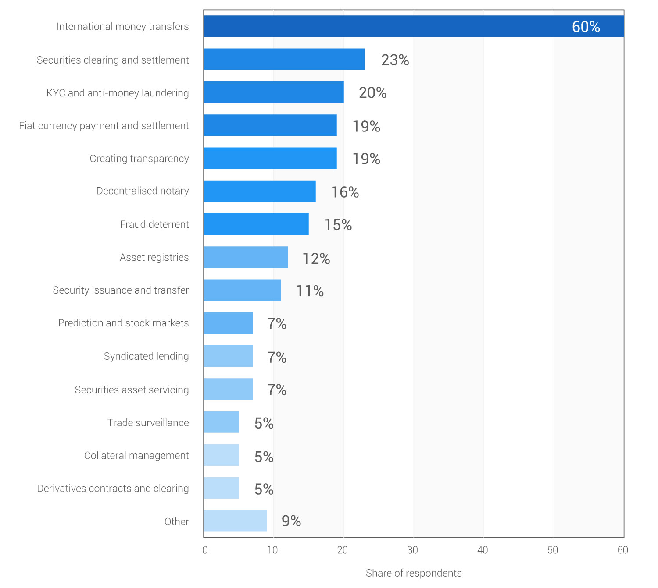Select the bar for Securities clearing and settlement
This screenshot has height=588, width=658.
284,59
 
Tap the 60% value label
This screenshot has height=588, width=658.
586,27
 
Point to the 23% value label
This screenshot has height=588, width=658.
395,60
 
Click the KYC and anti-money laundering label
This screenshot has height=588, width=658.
118,93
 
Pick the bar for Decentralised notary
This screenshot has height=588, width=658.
259,191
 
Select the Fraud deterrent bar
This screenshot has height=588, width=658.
256,224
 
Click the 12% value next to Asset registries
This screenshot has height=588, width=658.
316,259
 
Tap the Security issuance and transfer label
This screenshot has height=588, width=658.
121,290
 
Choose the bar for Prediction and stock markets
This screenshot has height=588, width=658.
228,323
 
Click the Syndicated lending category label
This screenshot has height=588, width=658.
146,356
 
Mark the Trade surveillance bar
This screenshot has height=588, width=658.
221,422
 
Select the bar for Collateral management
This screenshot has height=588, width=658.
221,455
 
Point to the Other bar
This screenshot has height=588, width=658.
235,521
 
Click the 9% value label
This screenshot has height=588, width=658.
291,521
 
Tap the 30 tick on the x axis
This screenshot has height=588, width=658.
412,550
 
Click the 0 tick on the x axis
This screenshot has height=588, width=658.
205,550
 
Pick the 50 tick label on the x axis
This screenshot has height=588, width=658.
553,550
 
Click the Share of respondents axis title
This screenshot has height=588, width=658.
413,573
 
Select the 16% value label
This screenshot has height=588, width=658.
345,192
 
